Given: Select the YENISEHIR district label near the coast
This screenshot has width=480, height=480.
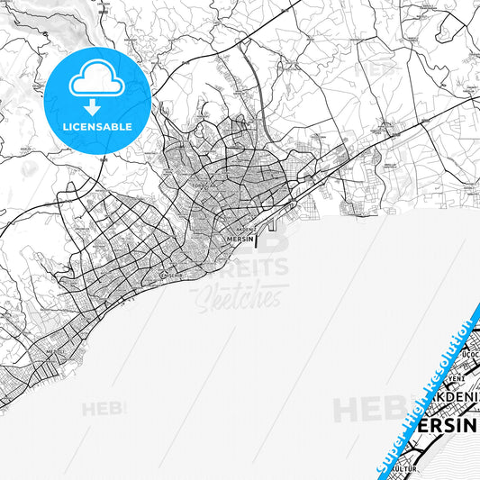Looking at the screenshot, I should pyautogui.click(x=170, y=274).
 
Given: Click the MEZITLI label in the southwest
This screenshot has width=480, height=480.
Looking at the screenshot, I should pyautogui.click(x=56, y=352).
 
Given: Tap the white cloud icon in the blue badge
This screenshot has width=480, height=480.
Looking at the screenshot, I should pyautogui.click(x=95, y=80).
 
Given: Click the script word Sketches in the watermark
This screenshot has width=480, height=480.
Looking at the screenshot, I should pyautogui.click(x=245, y=296).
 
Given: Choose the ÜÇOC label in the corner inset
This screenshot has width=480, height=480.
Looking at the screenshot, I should pyautogui.click(x=468, y=356).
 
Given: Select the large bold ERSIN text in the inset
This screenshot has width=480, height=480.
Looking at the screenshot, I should pyautogui.click(x=447, y=427).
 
